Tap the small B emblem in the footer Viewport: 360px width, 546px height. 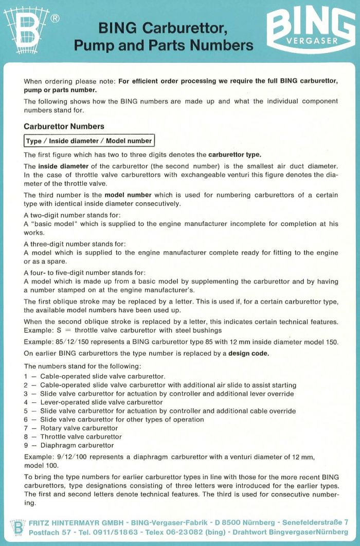pyautogui.click(x=17, y=527)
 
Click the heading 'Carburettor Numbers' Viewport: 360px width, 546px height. pyautogui.click(x=64, y=126)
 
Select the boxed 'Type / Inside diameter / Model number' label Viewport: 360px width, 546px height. pyautogui.click(x=89, y=140)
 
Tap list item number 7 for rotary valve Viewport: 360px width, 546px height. pyautogui.click(x=26, y=428)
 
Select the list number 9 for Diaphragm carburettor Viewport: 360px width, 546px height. pyautogui.click(x=26, y=445)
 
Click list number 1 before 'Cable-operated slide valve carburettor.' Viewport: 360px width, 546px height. pyautogui.click(x=26, y=376)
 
